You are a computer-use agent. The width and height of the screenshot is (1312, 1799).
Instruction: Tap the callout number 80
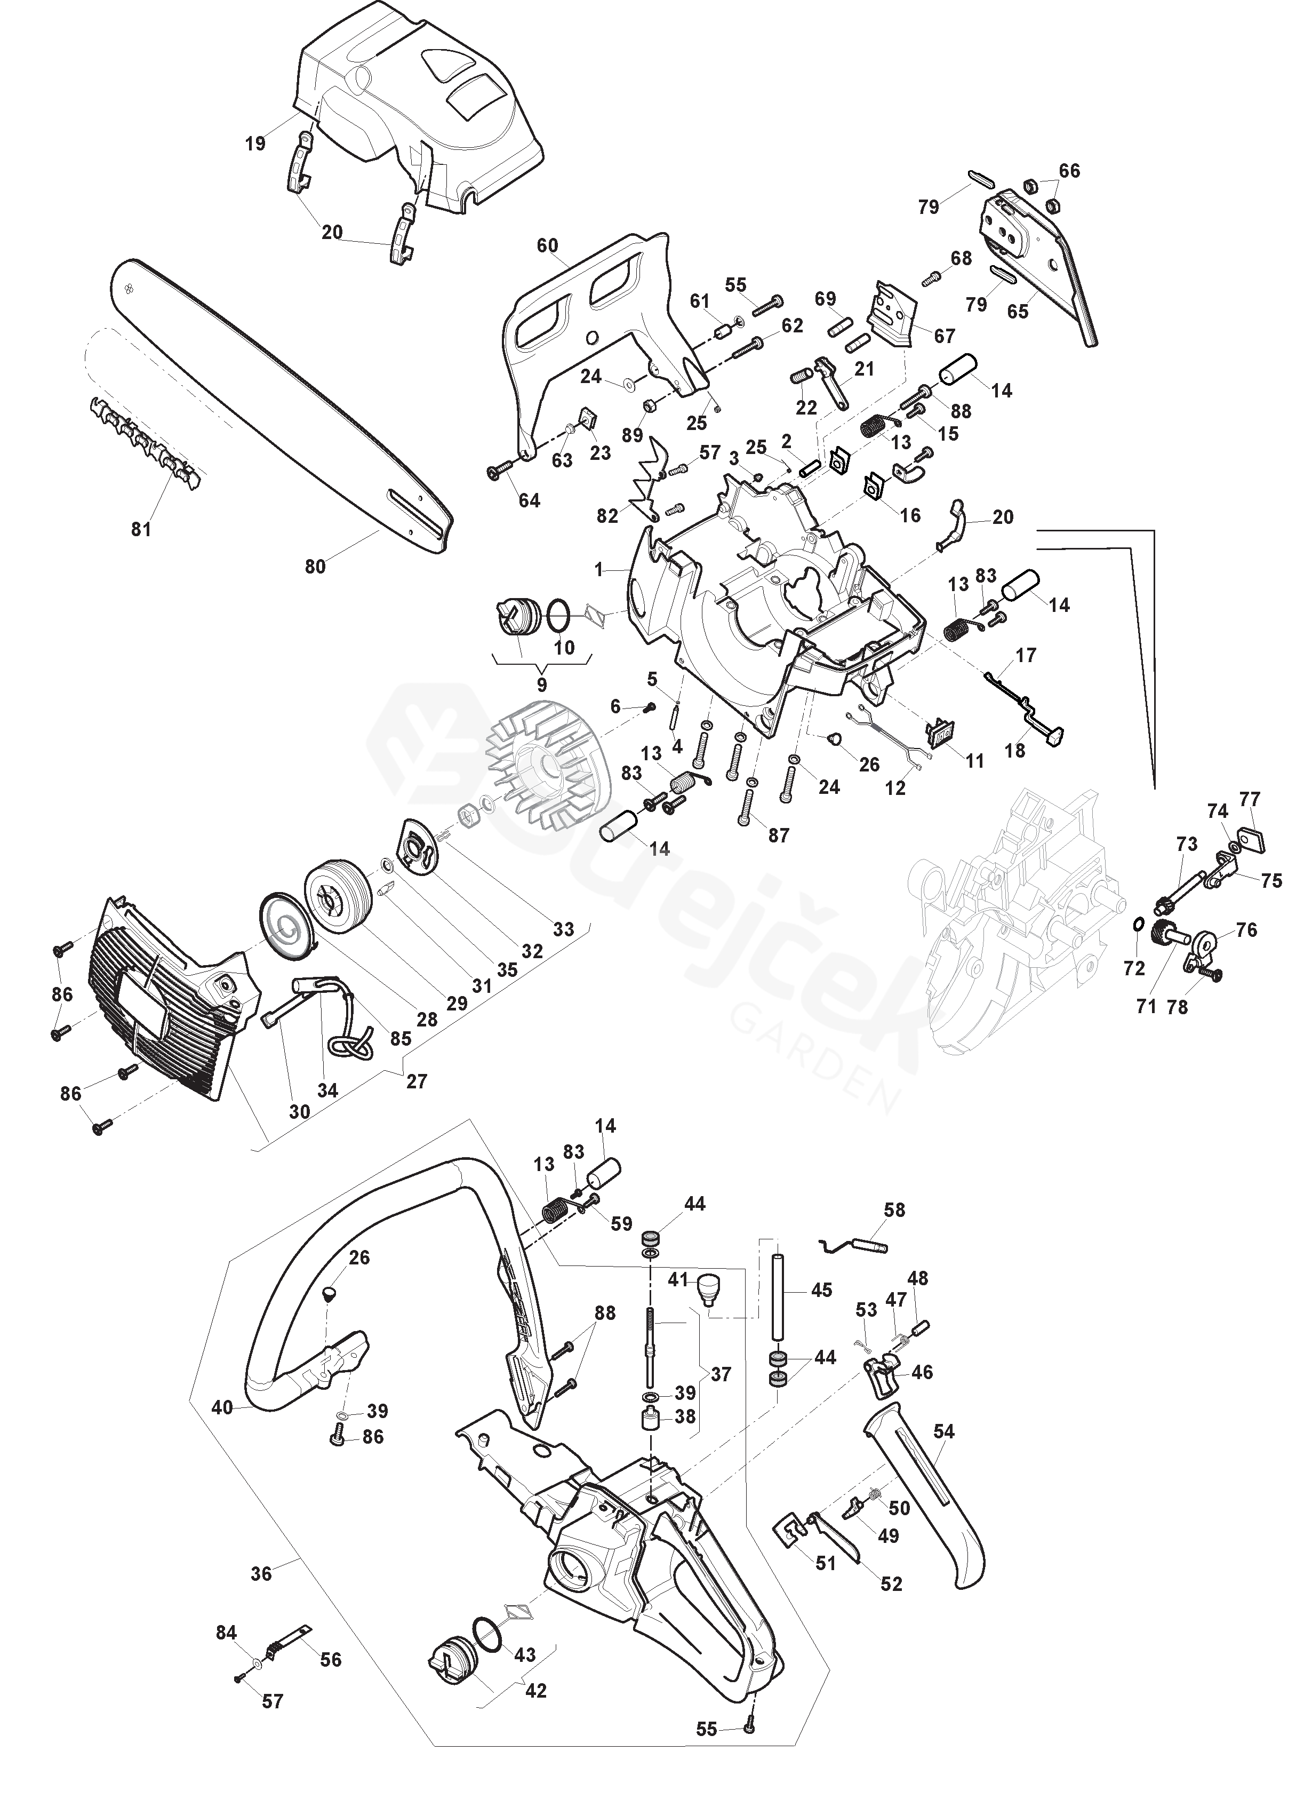pyautogui.click(x=315, y=567)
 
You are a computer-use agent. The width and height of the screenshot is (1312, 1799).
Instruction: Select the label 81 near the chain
pyautogui.click(x=141, y=528)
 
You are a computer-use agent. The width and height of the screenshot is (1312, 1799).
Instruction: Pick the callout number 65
pyautogui.click(x=1018, y=312)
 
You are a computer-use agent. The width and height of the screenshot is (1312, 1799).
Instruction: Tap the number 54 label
pyautogui.click(x=945, y=1432)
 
